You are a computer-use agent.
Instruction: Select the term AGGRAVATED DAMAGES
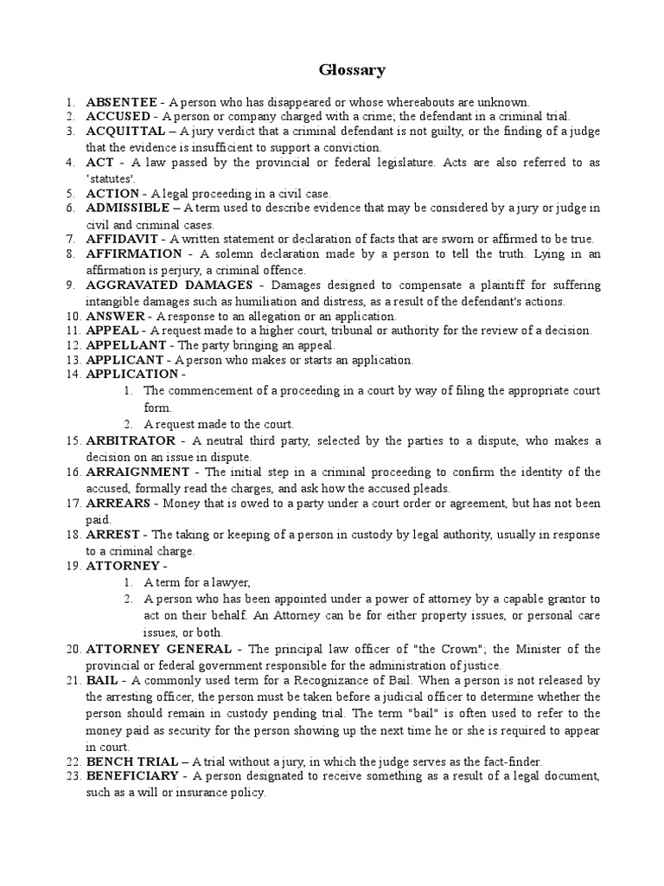[169, 285]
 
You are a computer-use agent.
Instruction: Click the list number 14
[73, 375]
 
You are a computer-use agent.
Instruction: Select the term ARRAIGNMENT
[137, 472]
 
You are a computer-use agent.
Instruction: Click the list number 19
[73, 566]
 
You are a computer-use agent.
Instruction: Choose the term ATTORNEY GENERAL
[158, 649]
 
